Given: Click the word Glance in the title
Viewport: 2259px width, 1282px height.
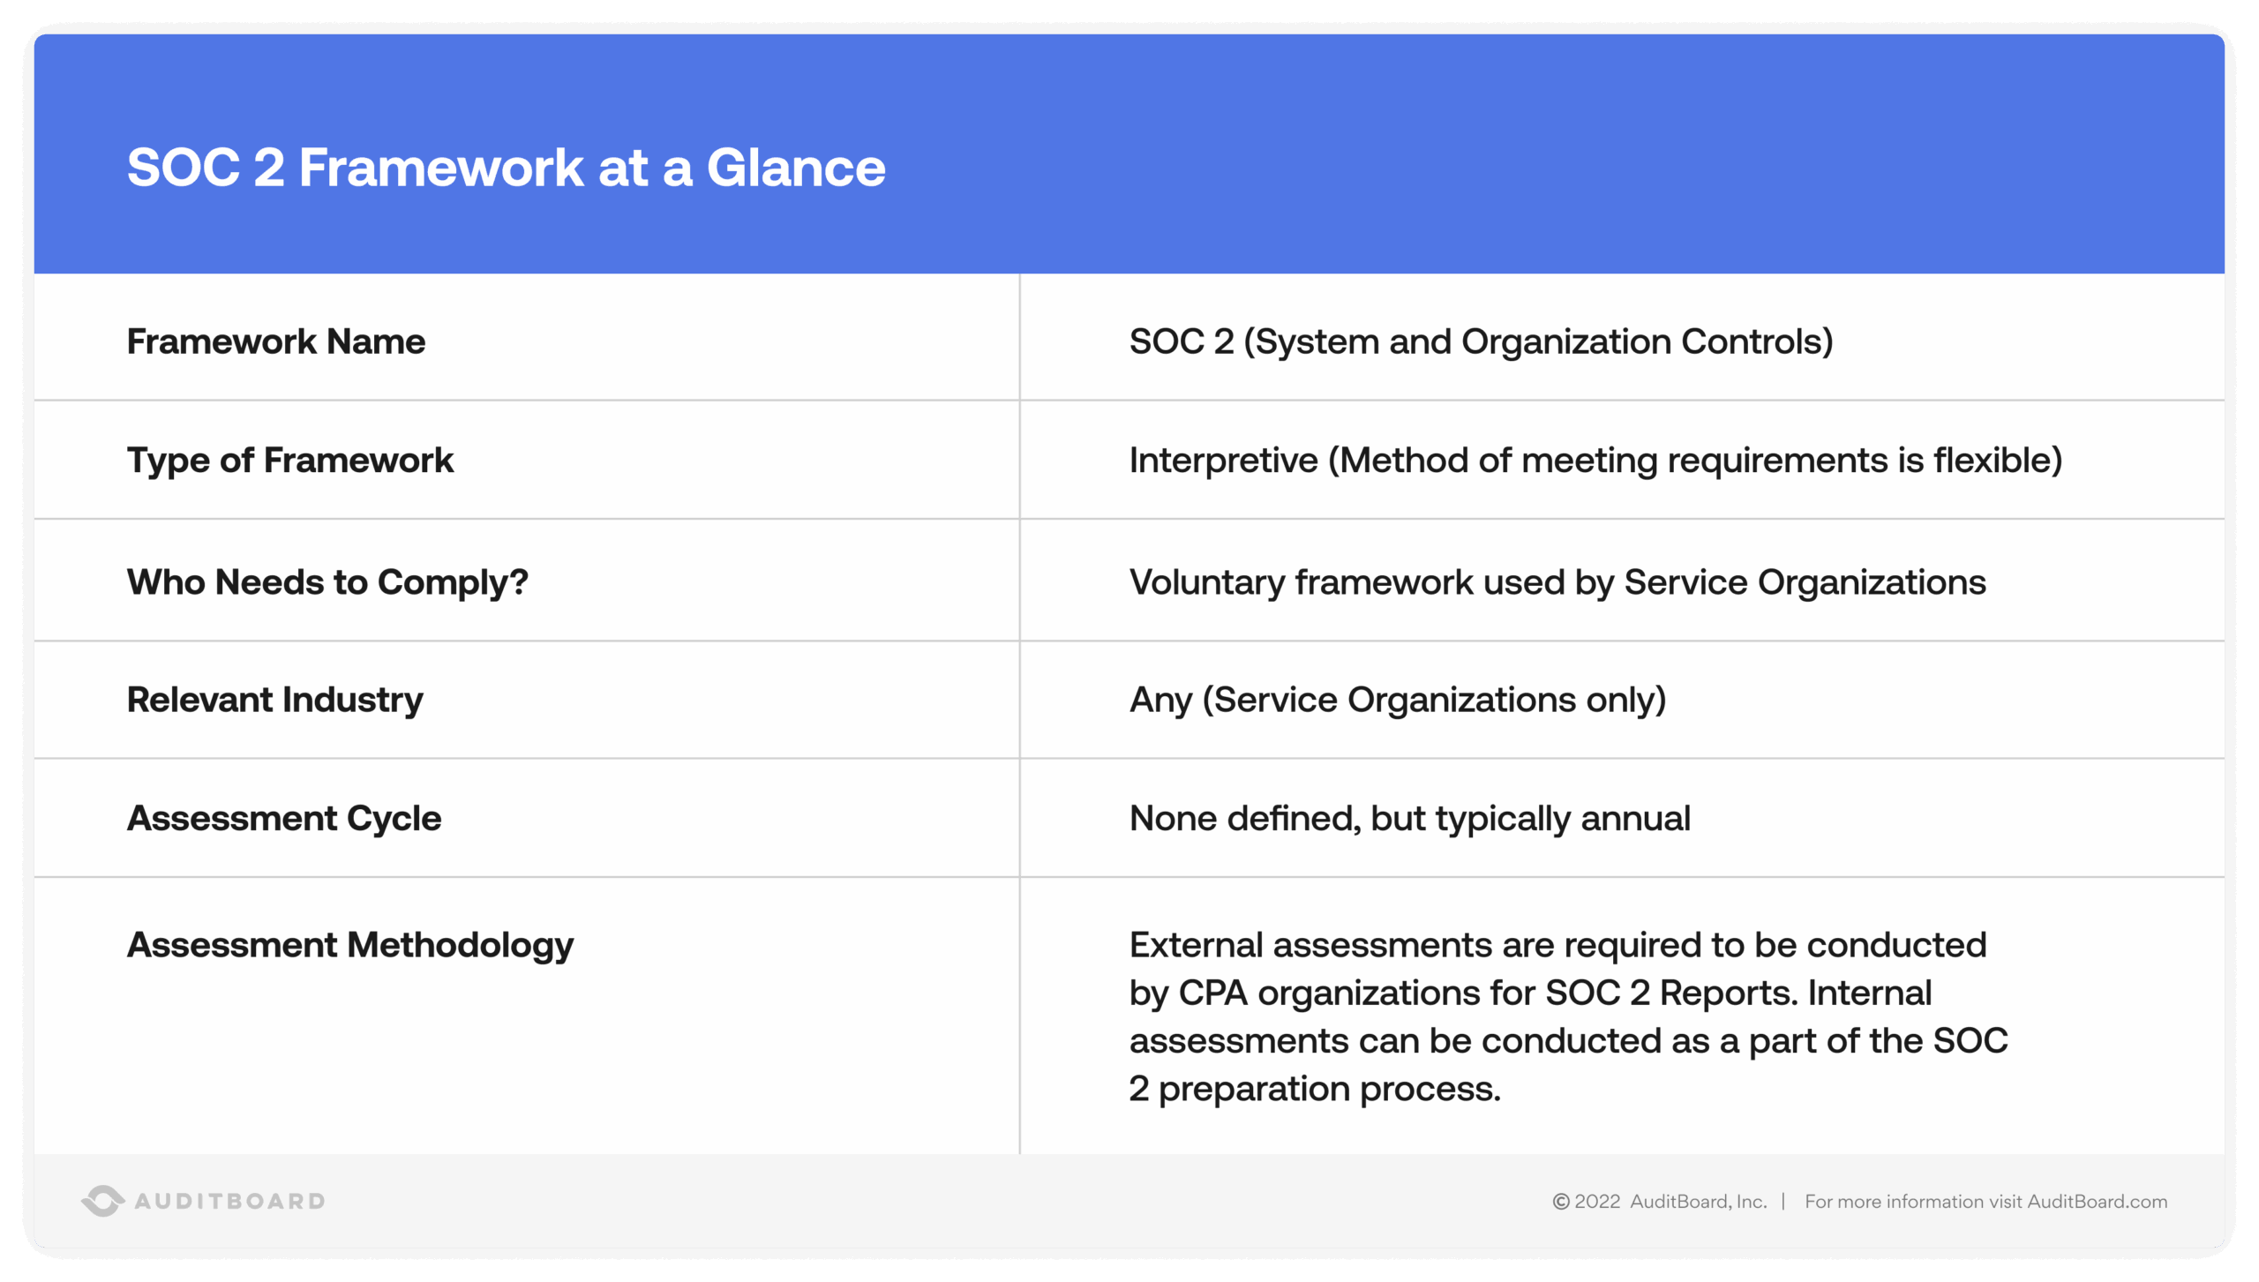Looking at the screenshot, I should [795, 168].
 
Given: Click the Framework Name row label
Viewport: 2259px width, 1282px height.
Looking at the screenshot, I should [275, 341].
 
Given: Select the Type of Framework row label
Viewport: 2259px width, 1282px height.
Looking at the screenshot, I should [289, 461].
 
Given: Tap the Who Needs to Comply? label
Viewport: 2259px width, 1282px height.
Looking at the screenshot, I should [326, 582].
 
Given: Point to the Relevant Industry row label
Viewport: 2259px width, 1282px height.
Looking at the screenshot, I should [274, 700].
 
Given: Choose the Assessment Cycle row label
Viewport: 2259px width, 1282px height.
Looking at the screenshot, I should [283, 819].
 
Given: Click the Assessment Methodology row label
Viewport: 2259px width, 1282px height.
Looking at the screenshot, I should [349, 945].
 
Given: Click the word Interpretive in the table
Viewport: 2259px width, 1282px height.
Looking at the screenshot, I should [1223, 461].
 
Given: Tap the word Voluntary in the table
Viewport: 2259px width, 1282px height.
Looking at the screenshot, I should [1206, 582].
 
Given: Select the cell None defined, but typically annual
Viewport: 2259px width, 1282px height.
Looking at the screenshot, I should [1409, 819].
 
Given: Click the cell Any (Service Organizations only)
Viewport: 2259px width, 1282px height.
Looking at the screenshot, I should [1397, 700].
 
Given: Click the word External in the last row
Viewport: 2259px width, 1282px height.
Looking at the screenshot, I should [1196, 945].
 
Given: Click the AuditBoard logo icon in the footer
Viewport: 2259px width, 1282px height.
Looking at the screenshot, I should [102, 1201].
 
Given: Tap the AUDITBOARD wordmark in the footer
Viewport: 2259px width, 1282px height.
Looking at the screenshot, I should [229, 1202].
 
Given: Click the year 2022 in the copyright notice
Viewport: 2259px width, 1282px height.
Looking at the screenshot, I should [1597, 1202].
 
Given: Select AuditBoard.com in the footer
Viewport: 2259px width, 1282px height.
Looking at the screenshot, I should [2097, 1202].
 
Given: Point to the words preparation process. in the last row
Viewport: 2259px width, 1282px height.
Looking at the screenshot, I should [1329, 1090].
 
